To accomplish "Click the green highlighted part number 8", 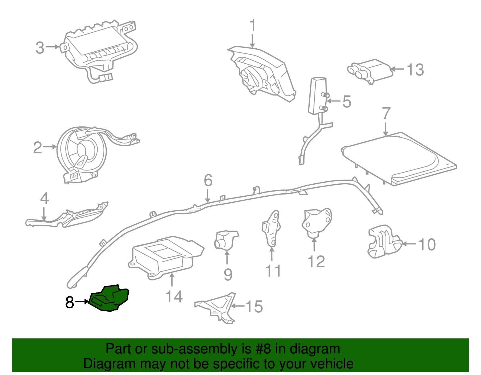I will pos(110,298).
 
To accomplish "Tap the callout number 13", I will pos(415,70).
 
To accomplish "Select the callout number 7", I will pos(386,114).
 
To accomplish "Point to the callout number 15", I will pos(254,307).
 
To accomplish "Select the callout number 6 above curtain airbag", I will pos(208,180).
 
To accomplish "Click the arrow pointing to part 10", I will pos(409,244).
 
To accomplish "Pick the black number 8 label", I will pos(69,302).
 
